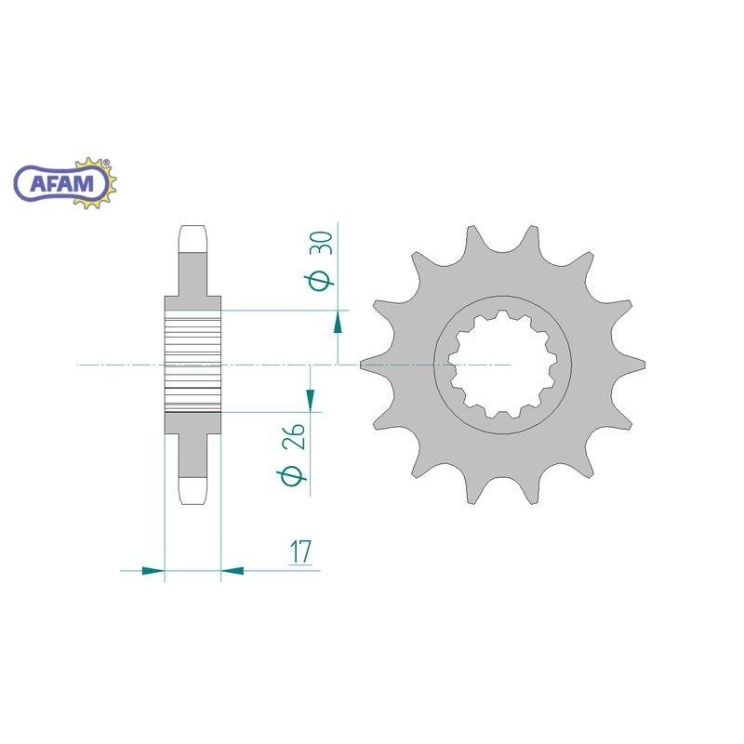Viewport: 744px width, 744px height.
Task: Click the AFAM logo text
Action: tap(61, 183)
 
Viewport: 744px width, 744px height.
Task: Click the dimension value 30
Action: tap(322, 243)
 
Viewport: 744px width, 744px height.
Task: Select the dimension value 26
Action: tap(293, 436)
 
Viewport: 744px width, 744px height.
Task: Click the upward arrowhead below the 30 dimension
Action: tap(338, 322)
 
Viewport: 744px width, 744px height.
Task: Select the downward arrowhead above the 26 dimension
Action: tap(311, 400)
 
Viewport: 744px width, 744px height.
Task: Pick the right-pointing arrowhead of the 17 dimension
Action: tap(153, 570)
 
